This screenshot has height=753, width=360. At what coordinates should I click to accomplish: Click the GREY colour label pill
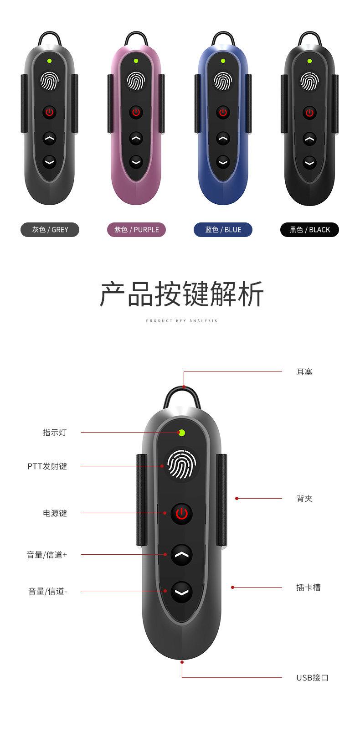[x=50, y=230]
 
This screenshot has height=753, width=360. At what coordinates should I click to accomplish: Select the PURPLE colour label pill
[x=136, y=230]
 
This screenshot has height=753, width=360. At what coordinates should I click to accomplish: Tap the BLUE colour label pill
[x=223, y=230]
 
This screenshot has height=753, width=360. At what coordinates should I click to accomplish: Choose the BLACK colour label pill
[x=309, y=230]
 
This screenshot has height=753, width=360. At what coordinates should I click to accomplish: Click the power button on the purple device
[x=136, y=112]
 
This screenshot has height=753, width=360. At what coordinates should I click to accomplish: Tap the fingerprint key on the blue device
[x=223, y=81]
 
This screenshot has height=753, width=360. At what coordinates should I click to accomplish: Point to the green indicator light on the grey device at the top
[x=49, y=61]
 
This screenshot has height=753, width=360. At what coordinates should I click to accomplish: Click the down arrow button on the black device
[x=309, y=162]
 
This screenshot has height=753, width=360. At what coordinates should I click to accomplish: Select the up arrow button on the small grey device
[x=49, y=138]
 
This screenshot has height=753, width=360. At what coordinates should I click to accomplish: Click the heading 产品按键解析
[x=181, y=294]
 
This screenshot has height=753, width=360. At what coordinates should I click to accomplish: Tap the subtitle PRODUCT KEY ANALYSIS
[x=181, y=321]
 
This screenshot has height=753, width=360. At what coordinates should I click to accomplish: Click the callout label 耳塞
[x=304, y=372]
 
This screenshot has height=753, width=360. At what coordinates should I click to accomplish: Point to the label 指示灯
[x=55, y=433]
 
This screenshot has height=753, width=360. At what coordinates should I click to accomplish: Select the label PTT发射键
[x=47, y=466]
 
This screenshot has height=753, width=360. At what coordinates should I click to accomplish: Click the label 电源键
[x=55, y=513]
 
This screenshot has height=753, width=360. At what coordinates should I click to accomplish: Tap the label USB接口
[x=312, y=678]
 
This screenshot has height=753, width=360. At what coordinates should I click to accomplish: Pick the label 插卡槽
[x=308, y=588]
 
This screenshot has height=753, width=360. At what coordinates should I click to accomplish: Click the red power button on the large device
[x=181, y=514]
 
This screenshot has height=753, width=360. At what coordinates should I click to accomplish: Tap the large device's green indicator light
[x=182, y=433]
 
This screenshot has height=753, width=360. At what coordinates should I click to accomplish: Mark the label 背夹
[x=304, y=499]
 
